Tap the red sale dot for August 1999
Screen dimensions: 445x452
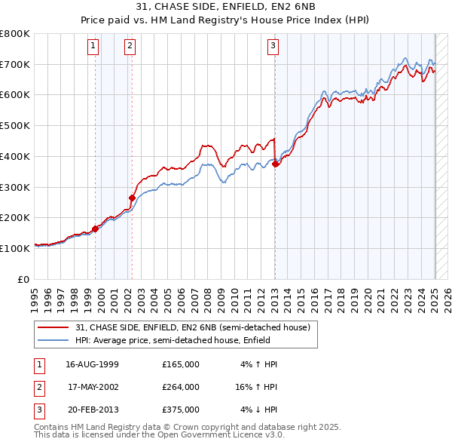point(96,229)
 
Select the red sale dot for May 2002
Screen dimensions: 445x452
point(132,198)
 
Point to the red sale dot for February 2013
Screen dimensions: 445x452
point(276,163)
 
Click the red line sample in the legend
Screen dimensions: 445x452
point(53,327)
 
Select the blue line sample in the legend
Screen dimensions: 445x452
point(53,340)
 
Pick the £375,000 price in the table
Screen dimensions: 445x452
point(181,410)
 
